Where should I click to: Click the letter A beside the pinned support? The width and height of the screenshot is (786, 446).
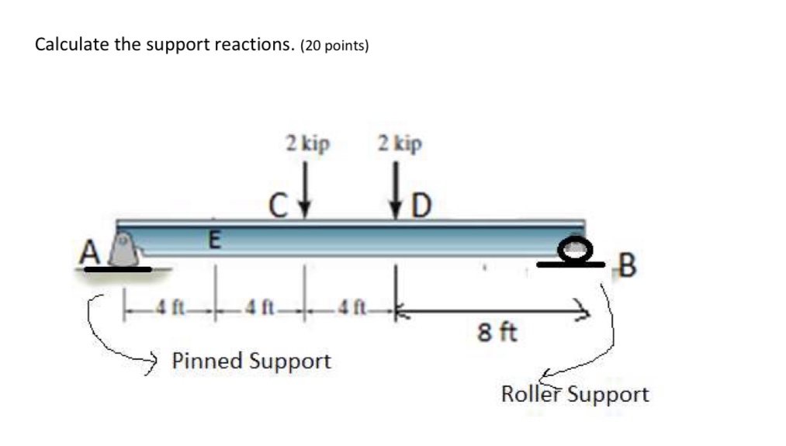pyautogui.click(x=90, y=251)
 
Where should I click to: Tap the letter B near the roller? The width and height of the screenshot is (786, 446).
pyautogui.click(x=628, y=265)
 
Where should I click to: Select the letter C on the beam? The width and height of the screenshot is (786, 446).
pyautogui.click(x=278, y=206)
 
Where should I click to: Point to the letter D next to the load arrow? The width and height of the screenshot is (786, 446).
pyautogui.click(x=421, y=206)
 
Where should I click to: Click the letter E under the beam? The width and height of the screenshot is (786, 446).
pyautogui.click(x=214, y=240)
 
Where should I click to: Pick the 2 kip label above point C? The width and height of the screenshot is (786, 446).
pyautogui.click(x=308, y=143)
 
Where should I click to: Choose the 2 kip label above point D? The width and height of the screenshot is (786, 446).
pyautogui.click(x=400, y=143)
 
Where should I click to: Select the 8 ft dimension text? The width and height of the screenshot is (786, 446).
pyautogui.click(x=497, y=332)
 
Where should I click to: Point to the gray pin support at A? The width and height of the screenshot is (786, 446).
pyautogui.click(x=125, y=250)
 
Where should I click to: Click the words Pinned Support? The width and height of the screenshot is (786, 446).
pyautogui.click(x=251, y=361)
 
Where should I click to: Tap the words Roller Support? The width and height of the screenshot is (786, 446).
pyautogui.click(x=575, y=394)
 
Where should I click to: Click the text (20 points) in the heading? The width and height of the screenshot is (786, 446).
pyautogui.click(x=334, y=46)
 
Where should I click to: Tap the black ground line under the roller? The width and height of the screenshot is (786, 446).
pyautogui.click(x=571, y=264)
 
